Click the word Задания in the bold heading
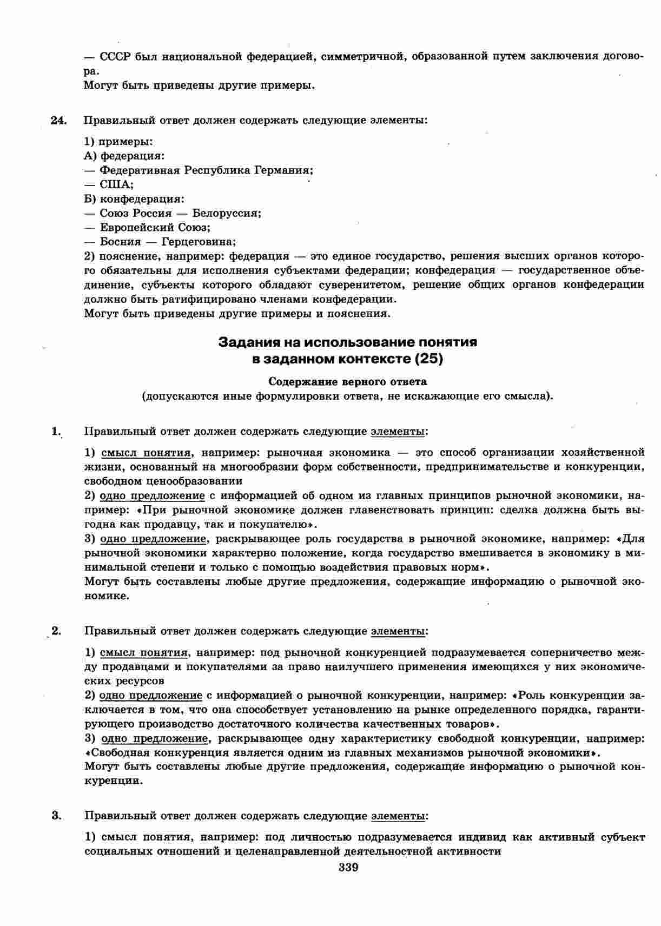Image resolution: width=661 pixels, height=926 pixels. pyautogui.click(x=247, y=342)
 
